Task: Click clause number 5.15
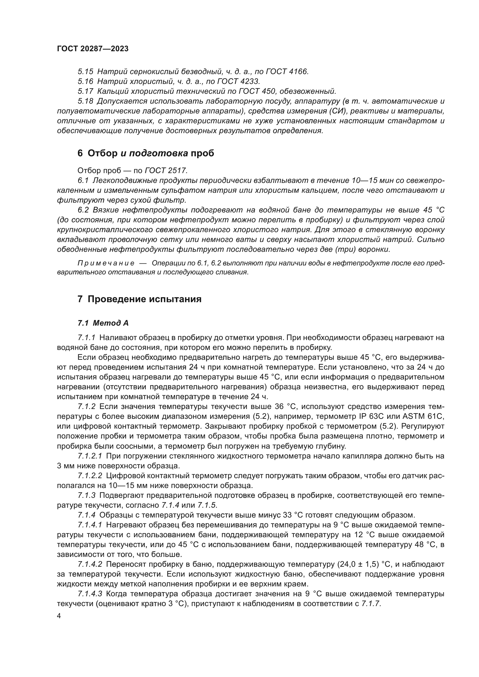[85, 72]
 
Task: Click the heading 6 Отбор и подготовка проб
[146, 153]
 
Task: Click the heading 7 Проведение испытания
[139, 299]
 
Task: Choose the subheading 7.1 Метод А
[103, 323]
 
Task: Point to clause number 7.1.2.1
[90, 456]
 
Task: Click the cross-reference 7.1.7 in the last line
[371, 604]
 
